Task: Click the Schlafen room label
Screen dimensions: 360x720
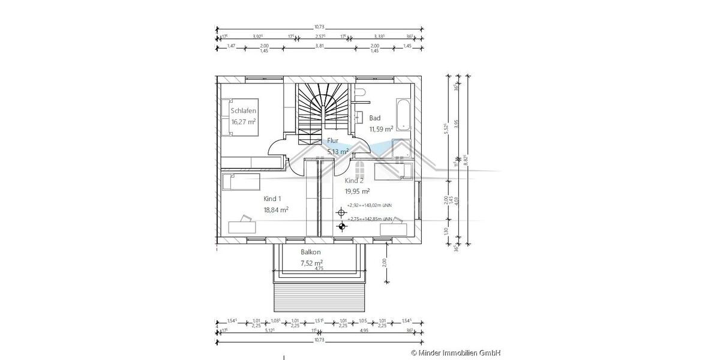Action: coord(244,111)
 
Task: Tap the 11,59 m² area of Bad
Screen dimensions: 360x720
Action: coord(381,128)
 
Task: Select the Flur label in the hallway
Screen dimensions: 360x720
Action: coord(332,141)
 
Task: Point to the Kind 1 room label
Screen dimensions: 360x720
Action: coord(272,198)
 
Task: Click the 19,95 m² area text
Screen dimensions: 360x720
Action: coord(357,191)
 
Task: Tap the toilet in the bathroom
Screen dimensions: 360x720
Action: coord(359,92)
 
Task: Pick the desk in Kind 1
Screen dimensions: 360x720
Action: coord(242,226)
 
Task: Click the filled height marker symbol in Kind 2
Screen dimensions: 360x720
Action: coord(342,226)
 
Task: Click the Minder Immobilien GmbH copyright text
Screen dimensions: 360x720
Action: coord(455,353)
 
